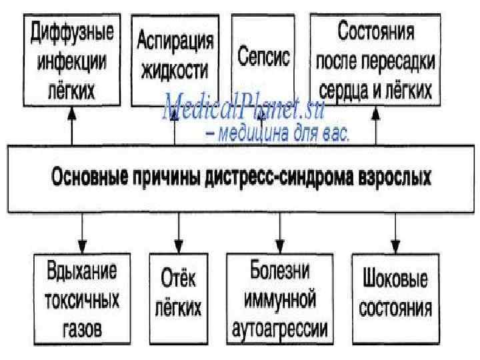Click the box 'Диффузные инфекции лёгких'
(73, 59)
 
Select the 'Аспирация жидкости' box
(175, 59)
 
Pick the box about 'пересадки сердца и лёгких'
(375, 59)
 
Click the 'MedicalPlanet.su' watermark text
(243, 107)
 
